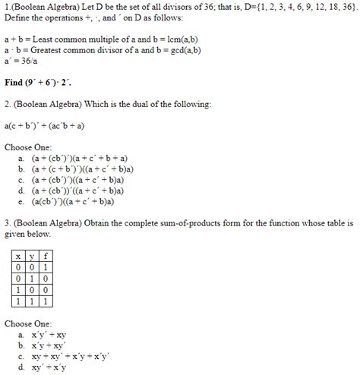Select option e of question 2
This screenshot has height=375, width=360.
pyautogui.click(x=73, y=203)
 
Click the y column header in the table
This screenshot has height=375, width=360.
pyautogui.click(x=27, y=257)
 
